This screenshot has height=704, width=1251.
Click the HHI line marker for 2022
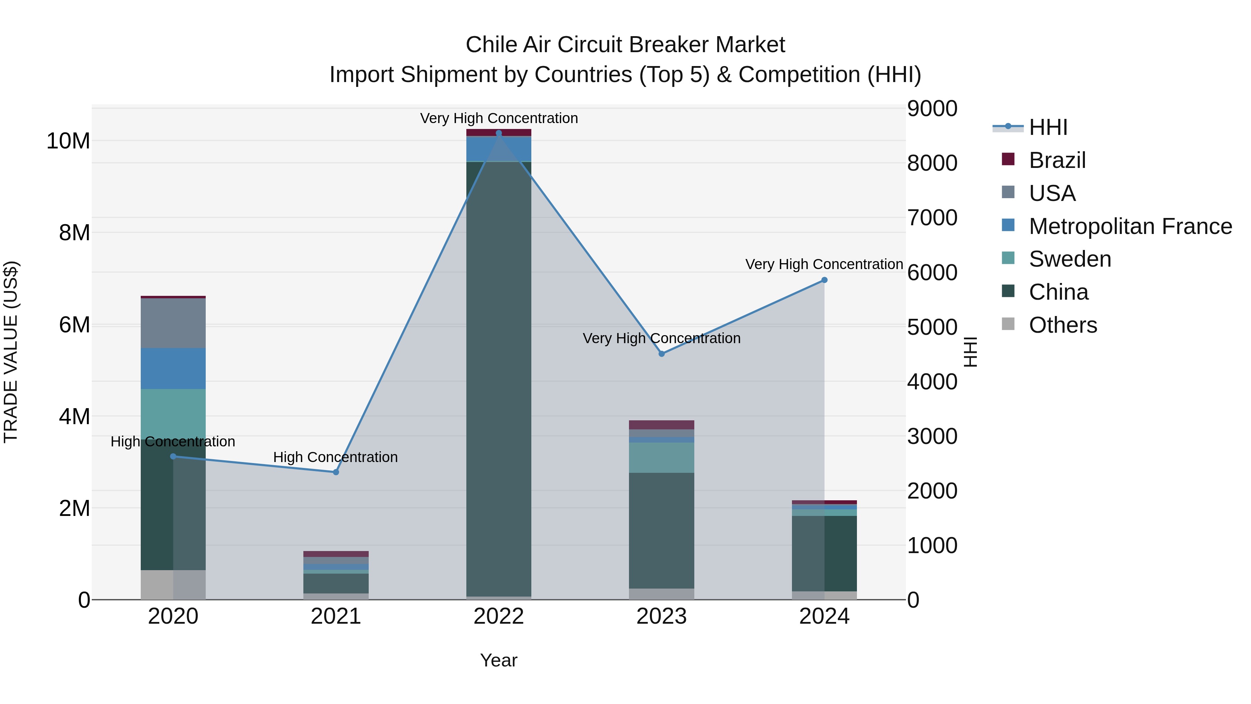(x=499, y=133)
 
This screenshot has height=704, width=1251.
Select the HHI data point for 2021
(x=336, y=472)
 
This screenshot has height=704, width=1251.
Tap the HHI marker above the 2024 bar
(x=824, y=280)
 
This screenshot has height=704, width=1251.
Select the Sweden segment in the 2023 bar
(x=661, y=458)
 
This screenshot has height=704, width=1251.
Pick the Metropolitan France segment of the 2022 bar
(x=499, y=149)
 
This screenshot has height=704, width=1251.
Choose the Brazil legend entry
(x=1057, y=160)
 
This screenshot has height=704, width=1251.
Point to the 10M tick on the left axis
(x=68, y=141)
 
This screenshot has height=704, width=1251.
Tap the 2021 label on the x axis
(x=336, y=616)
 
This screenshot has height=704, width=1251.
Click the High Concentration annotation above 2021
(x=336, y=457)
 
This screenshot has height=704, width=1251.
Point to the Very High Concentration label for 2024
(x=824, y=264)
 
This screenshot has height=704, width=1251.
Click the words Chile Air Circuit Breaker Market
(x=625, y=45)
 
